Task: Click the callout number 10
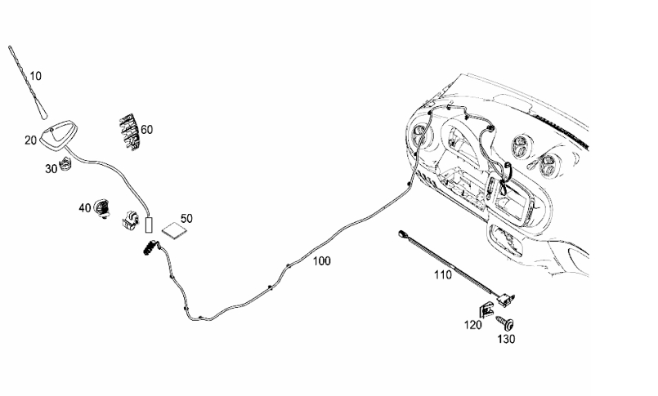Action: (36, 76)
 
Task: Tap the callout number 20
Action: (30, 140)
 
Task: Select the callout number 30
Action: (51, 169)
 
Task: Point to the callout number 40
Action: (85, 207)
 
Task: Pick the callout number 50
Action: (186, 218)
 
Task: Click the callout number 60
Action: (147, 130)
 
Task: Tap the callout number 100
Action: (322, 261)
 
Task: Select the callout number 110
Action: (443, 275)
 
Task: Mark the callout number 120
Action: (473, 325)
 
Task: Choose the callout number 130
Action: (506, 339)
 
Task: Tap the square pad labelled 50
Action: (176, 230)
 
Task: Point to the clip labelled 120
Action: (486, 309)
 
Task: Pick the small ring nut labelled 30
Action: (65, 163)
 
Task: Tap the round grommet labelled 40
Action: (101, 208)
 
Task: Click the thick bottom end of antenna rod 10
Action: (44, 114)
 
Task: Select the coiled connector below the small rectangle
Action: (150, 248)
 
